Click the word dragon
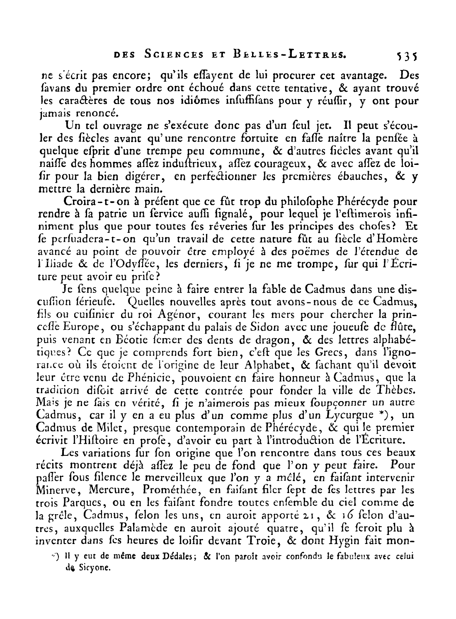[235, 340]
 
